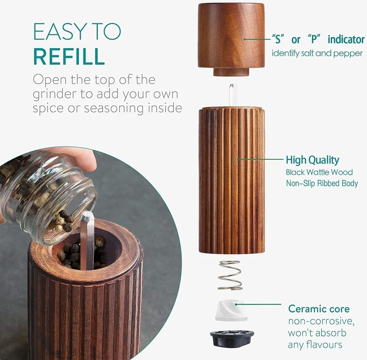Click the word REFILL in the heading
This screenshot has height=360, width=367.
coord(69,57)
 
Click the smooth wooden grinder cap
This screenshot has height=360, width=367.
coord(231,36)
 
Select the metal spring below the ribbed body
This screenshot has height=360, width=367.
coord(230,275)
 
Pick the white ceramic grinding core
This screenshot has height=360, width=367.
coord(231,310)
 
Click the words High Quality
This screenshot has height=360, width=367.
coord(312,160)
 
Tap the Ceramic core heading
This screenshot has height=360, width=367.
coord(319,309)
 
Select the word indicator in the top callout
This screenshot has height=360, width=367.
coord(346,39)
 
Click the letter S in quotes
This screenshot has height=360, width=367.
coord(278,39)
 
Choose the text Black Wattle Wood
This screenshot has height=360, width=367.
coord(319,172)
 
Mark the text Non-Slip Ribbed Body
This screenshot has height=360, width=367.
coord(322,183)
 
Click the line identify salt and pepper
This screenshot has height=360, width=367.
coord(317,53)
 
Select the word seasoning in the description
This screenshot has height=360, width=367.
coord(114,108)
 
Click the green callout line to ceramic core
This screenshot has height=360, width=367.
coord(259,304)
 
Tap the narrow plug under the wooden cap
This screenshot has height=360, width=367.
coord(231,72)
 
